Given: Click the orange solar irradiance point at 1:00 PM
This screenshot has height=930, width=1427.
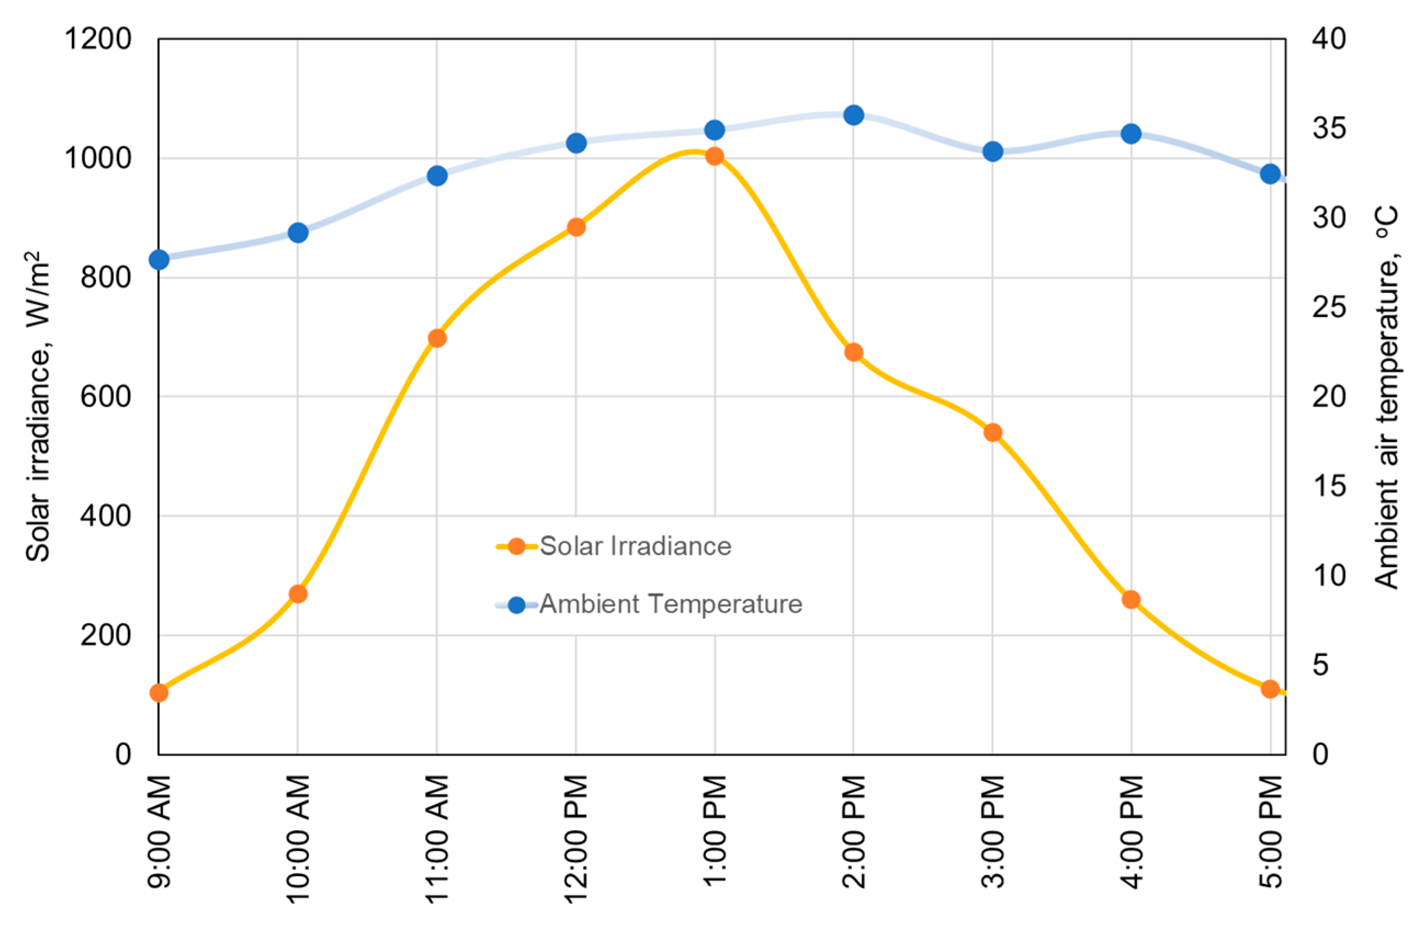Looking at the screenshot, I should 714,156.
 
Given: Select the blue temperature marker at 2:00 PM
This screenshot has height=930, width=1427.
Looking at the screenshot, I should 853,115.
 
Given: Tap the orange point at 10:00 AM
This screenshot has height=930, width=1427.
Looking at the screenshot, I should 298,594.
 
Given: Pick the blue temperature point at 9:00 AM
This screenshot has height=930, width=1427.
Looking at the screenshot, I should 159,259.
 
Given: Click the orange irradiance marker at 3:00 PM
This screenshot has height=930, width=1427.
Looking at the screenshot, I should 993,432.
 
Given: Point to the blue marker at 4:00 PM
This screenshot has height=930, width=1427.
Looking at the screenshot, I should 1131,134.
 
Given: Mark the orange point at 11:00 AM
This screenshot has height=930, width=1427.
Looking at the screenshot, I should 437,338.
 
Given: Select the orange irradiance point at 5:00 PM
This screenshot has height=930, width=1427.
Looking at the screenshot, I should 1270,688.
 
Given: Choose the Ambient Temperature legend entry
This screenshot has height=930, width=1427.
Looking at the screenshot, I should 670,604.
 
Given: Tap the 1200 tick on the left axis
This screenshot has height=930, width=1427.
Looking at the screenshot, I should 98,39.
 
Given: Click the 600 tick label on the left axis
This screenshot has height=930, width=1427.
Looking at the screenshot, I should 105,397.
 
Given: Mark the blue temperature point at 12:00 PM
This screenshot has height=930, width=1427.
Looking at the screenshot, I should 576,143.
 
